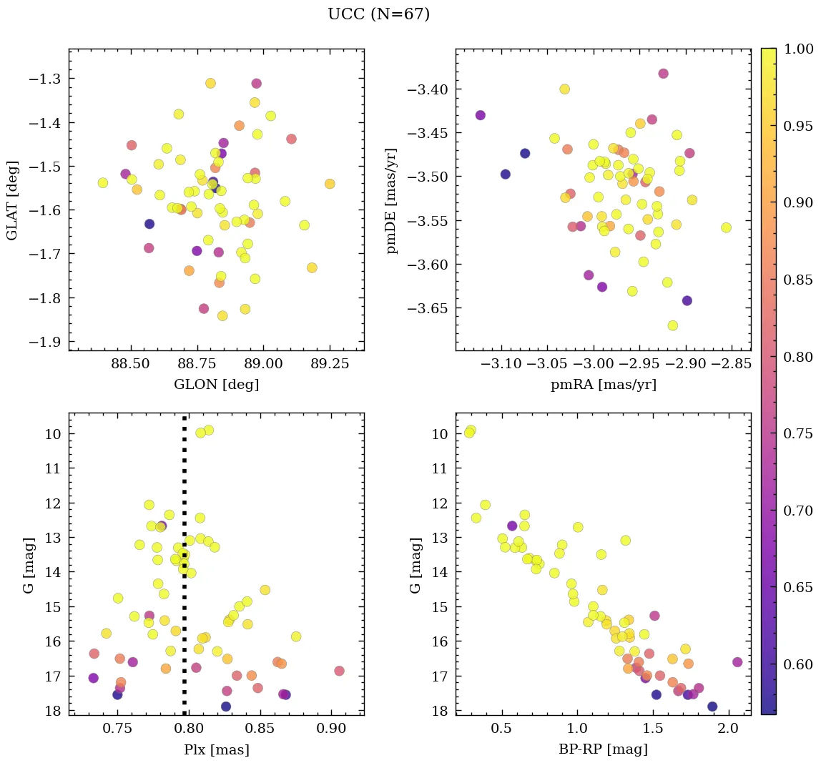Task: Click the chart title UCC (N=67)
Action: pyautogui.click(x=378, y=14)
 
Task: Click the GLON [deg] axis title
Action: pyautogui.click(x=216, y=385)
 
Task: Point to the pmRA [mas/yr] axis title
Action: pyautogui.click(x=603, y=385)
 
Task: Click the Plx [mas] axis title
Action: pyautogui.click(x=216, y=749)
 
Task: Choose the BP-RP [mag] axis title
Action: pyautogui.click(x=603, y=749)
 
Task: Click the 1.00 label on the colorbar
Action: pyautogui.click(x=798, y=49)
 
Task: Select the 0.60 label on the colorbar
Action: pyautogui.click(x=798, y=664)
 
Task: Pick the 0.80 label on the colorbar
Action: pyautogui.click(x=798, y=356)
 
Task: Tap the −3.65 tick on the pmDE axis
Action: pyautogui.click(x=428, y=309)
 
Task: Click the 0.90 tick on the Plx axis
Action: pyautogui.click(x=331, y=729)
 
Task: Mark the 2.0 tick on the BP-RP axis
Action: pyautogui.click(x=728, y=729)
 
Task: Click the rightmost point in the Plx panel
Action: pyautogui.click(x=339, y=671)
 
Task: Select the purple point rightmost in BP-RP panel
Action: pyautogui.click(x=737, y=662)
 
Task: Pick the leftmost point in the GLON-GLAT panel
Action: pyautogui.click(x=103, y=183)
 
